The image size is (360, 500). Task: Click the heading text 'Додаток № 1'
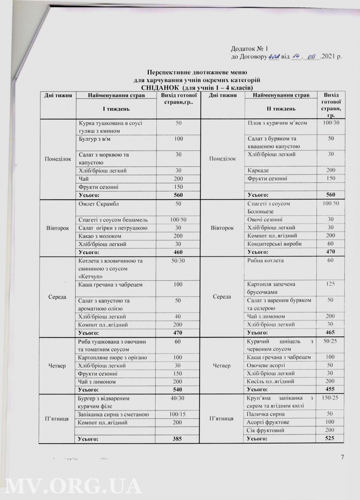(x=246, y=49)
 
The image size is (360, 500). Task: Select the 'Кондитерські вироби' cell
(x=273, y=244)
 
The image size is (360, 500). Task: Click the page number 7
(x=342, y=457)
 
